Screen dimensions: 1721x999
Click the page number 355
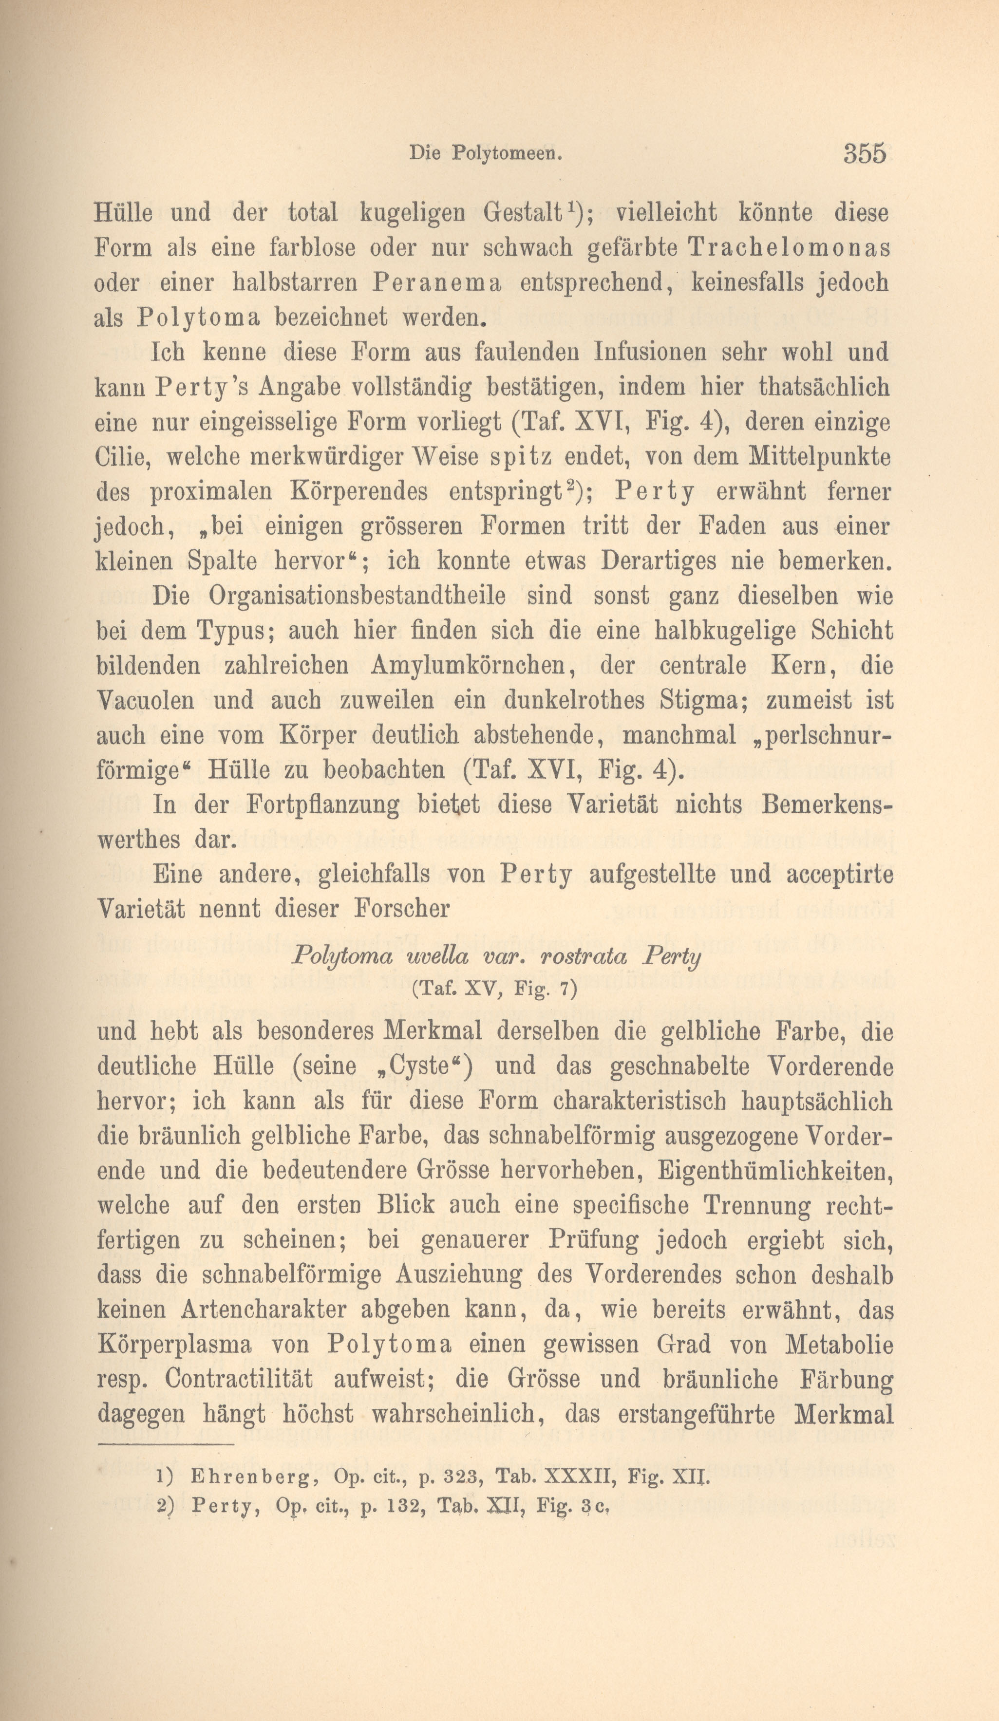pyautogui.click(x=865, y=152)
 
